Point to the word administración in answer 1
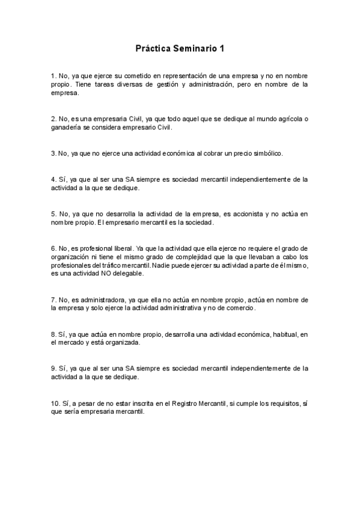coord(210,85)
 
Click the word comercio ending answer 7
coord(240,308)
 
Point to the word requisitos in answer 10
coord(277,402)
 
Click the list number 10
coord(55,402)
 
